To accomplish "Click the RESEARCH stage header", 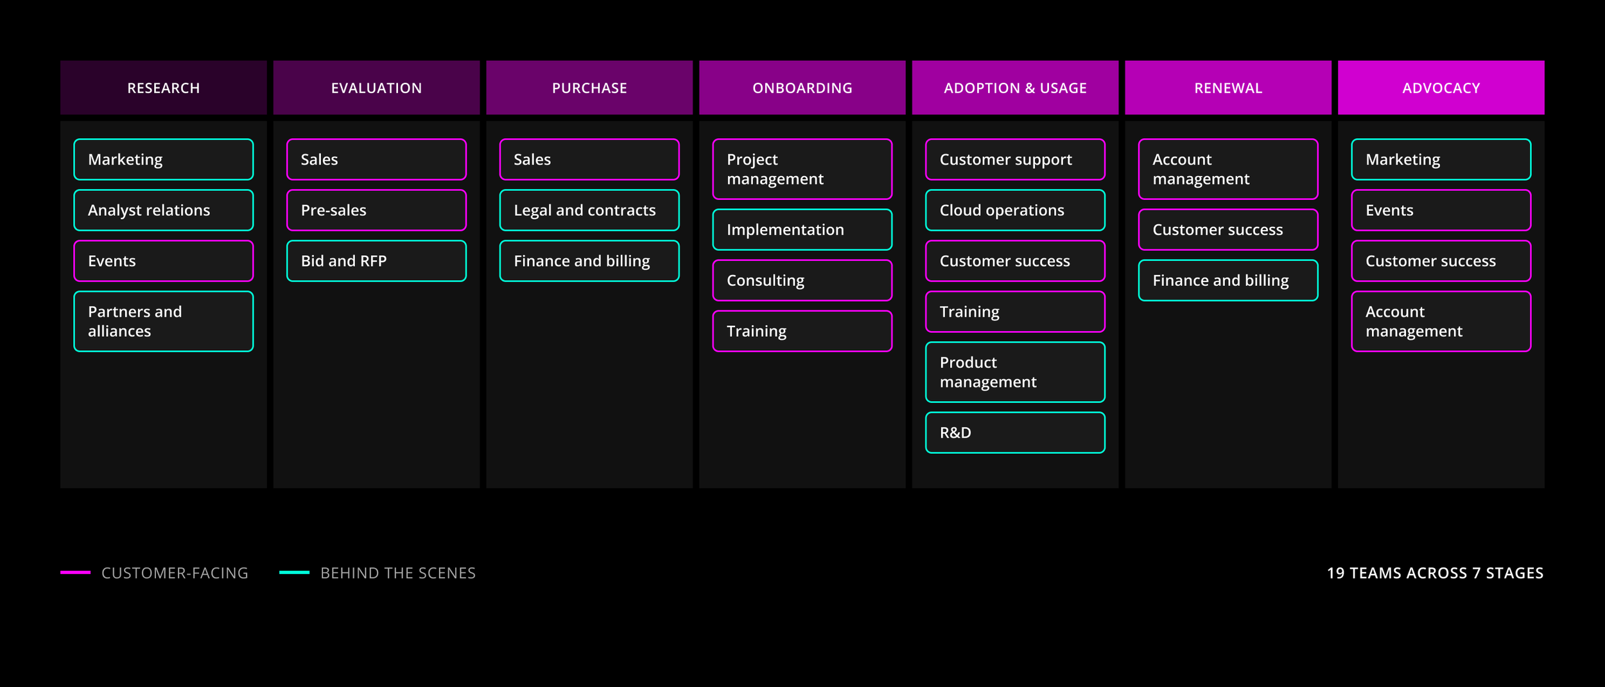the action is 163,87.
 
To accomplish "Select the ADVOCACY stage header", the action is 1441,87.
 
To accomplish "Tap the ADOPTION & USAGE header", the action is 1015,87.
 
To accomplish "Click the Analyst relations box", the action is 164,210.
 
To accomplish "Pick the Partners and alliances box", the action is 164,321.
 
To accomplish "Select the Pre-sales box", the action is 376,210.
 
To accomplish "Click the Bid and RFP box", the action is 376,261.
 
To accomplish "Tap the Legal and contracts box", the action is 589,210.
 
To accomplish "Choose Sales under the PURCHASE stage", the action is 589,159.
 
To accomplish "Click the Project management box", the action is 802,169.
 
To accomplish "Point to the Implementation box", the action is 802,229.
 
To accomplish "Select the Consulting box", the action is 802,280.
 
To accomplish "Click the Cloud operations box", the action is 1015,210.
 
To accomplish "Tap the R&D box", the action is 1015,433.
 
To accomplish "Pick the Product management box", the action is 1015,372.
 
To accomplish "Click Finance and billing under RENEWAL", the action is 1228,280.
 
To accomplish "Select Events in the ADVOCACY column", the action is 1441,210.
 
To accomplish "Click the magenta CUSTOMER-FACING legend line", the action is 75,572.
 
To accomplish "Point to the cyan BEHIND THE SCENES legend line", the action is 294,572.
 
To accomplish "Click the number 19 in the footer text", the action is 1335,573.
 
